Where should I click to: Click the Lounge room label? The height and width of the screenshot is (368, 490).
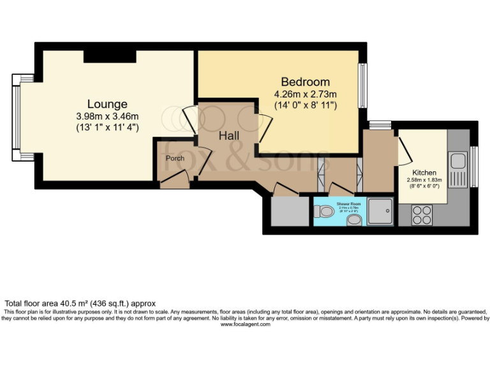(107, 104)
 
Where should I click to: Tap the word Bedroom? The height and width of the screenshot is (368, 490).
(306, 82)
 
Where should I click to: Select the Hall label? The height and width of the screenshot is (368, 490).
(229, 136)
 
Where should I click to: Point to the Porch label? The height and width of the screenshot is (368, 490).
(175, 158)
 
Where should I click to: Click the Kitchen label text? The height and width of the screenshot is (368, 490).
(424, 172)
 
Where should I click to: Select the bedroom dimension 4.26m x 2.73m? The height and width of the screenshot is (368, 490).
(306, 94)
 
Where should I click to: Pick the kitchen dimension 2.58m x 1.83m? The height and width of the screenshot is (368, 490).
(424, 180)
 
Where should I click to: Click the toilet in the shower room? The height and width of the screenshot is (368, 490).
(325, 211)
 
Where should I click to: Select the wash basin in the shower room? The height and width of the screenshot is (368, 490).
(355, 220)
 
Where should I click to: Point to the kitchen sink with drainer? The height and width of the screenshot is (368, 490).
(458, 167)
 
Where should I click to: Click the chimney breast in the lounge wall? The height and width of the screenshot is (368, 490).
(110, 56)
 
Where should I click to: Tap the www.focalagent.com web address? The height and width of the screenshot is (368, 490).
(246, 324)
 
